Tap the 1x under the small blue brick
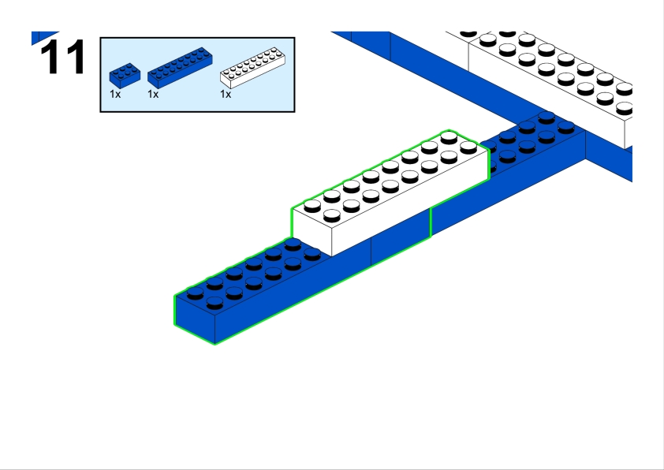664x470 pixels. [115, 94]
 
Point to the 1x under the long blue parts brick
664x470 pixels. [153, 94]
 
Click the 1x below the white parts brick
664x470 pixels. [226, 94]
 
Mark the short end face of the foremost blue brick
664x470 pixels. [193, 319]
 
